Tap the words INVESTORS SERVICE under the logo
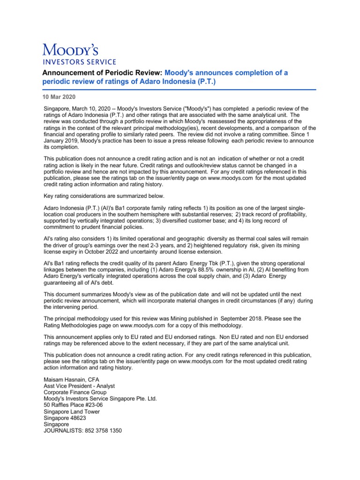pyautogui.click(x=80, y=61)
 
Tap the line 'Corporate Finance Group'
pyautogui.click(x=75, y=392)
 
